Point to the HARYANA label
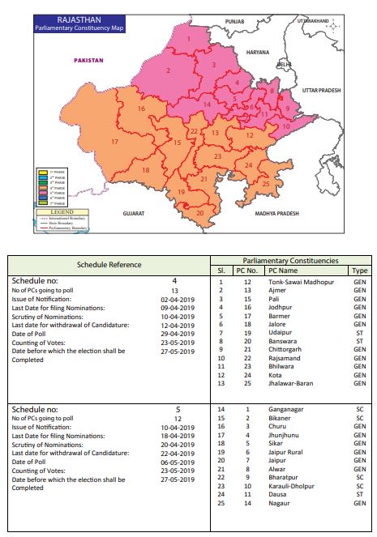pyautogui.click(x=246, y=52)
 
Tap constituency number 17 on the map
pyautogui.click(x=115, y=142)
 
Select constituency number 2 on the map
pyautogui.click(x=168, y=70)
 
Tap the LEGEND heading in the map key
pyautogui.click(x=62, y=211)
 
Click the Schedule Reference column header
pyautogui.click(x=109, y=265)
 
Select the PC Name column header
pyautogui.click(x=284, y=270)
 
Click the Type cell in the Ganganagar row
pyautogui.click(x=360, y=411)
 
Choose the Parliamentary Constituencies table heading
pyautogui.click(x=289, y=260)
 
